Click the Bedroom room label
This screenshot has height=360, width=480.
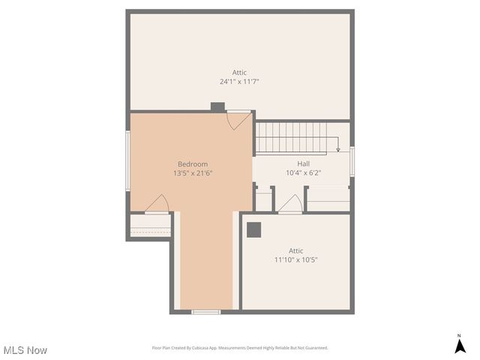193,164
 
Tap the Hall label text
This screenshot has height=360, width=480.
303,163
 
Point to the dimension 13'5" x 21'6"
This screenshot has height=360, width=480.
193,173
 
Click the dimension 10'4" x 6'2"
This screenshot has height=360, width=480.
303,172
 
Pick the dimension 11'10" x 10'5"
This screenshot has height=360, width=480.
295,259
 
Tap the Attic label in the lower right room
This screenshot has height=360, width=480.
295,250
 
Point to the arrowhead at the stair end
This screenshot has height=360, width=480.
338,150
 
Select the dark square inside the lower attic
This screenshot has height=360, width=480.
253,229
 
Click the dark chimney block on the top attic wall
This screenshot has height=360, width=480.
217,107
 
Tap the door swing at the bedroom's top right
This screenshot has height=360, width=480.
239,120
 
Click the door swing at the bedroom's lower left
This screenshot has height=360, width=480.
157,204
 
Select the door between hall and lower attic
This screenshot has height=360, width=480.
290,204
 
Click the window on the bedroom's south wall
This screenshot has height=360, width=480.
205,311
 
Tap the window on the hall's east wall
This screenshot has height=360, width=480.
352,161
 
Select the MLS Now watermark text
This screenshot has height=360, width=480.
25,350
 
